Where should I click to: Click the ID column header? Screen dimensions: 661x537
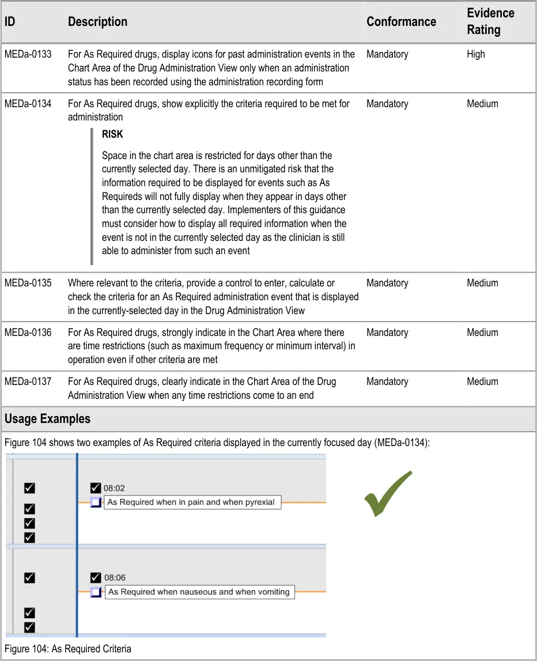click(x=10, y=22)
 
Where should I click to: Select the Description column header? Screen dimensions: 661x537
click(x=97, y=22)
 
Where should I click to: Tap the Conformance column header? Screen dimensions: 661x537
click(x=401, y=22)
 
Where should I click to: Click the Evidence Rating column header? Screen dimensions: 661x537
click(x=490, y=21)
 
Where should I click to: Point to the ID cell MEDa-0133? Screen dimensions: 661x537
click(x=28, y=54)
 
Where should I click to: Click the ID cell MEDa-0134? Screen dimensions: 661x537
click(x=28, y=104)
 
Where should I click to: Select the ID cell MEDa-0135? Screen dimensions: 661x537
click(x=28, y=283)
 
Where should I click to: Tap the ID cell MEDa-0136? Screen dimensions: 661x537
click(x=28, y=333)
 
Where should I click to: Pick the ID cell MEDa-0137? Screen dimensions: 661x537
click(x=28, y=382)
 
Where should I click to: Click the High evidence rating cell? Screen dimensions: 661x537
click(x=476, y=54)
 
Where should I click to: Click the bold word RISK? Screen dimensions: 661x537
click(x=112, y=134)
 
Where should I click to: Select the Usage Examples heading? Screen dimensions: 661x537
click(x=47, y=418)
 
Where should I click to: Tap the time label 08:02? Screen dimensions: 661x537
click(x=114, y=488)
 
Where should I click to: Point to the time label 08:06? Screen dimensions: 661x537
click(x=115, y=577)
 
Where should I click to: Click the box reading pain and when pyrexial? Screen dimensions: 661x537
click(x=192, y=502)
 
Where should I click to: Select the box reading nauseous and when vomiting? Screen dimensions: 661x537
click(x=199, y=592)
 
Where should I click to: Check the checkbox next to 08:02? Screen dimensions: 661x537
click(x=96, y=488)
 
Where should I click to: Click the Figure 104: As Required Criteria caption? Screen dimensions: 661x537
click(x=68, y=649)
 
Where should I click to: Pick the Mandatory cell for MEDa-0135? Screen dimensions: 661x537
click(x=387, y=283)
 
